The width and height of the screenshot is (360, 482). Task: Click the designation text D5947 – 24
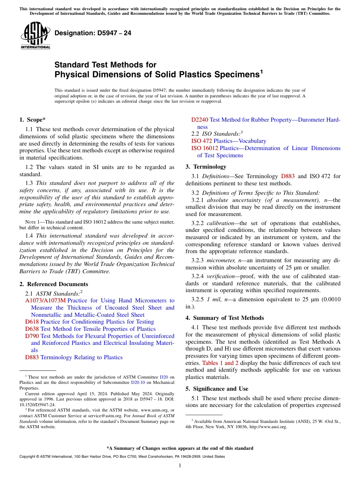93,33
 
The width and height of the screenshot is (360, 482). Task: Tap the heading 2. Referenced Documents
54,284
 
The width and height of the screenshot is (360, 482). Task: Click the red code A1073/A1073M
45,300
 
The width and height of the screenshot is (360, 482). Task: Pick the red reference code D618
32,322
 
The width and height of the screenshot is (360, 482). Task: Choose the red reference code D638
32,329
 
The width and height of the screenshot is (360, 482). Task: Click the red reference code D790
32,336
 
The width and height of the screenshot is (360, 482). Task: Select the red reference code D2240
200,120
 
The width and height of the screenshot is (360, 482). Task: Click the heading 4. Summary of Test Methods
225,318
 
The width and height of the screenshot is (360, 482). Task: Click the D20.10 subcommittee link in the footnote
137,383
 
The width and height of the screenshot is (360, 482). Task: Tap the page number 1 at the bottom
180,466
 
